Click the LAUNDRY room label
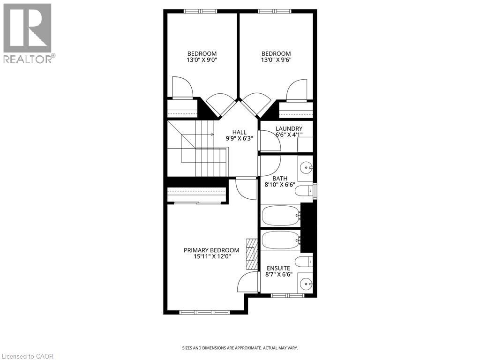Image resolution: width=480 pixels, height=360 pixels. coord(289,129)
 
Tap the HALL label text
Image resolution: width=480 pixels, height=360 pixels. coord(239,132)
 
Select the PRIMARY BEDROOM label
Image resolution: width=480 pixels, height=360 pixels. coord(211,250)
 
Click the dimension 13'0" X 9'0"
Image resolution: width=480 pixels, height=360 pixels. coord(202,60)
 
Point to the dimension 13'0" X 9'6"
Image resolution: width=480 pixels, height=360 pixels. coord(276,60)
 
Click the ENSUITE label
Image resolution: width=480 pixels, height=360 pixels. coord(278,268)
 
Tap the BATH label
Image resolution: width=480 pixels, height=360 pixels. coord(280,178)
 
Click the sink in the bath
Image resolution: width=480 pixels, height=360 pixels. coord(306,166)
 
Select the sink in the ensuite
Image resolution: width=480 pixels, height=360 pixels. coord(306,283)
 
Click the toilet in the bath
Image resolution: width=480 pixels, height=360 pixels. coord(306,190)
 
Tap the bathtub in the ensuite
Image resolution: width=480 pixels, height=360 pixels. coord(280,240)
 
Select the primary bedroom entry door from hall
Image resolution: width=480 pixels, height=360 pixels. coord(246,187)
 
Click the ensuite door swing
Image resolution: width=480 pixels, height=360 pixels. coord(249,283)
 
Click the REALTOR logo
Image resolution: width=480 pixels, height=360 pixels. coord(28,33)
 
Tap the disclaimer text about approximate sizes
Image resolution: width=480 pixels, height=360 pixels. coord(240,348)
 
